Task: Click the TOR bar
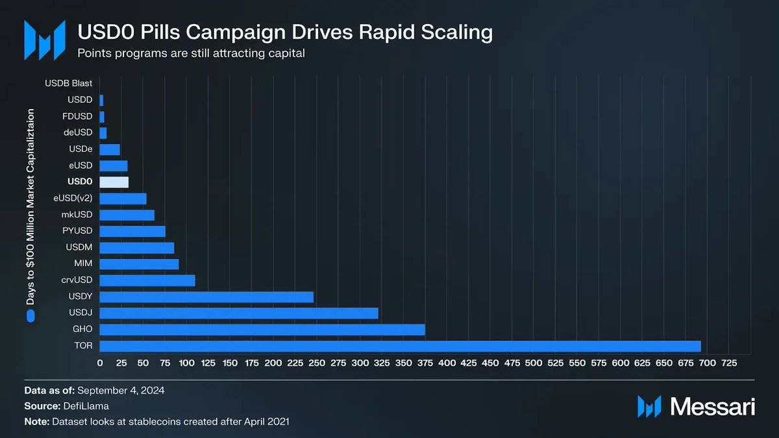coord(400,346)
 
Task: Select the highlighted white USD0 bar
coord(114,182)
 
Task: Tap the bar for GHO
coord(262,330)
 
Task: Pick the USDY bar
coord(206,297)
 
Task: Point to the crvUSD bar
coord(147,280)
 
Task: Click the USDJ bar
coord(239,313)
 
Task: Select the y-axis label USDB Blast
coord(69,83)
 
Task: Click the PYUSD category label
coord(78,231)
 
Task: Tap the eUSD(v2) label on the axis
coord(73,198)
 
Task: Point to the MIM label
coord(83,264)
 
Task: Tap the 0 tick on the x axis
coord(100,363)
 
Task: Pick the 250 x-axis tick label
coord(317,363)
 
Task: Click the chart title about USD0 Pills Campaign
coord(285,32)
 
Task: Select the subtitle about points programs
coord(191,53)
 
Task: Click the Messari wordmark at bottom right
coord(712,407)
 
